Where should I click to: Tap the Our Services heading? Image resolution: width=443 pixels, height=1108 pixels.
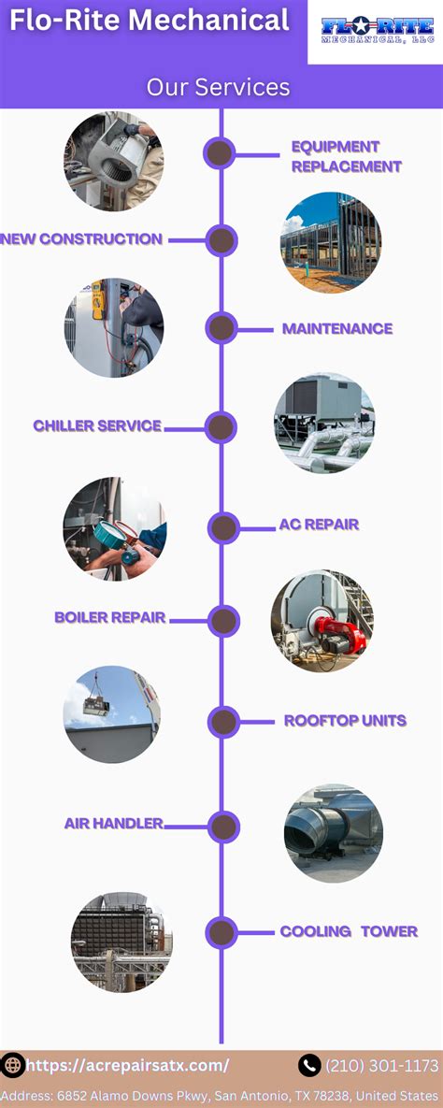pyautogui.click(x=219, y=87)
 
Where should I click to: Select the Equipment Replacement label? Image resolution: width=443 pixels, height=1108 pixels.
pyautogui.click(x=347, y=157)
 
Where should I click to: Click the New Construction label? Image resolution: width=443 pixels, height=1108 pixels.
pyautogui.click(x=81, y=238)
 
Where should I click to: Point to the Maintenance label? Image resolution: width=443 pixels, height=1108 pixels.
pyautogui.click(x=337, y=328)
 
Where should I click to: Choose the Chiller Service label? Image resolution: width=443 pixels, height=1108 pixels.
pyautogui.click(x=97, y=426)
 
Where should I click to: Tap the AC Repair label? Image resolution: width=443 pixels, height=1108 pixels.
pyautogui.click(x=320, y=525)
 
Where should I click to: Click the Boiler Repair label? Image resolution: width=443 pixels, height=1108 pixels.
pyautogui.click(x=110, y=618)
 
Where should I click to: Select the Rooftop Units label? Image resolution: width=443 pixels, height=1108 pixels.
pyautogui.click(x=346, y=721)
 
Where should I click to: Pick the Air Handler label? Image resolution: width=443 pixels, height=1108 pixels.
pyautogui.click(x=114, y=823)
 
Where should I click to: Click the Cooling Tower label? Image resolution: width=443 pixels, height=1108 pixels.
pyautogui.click(x=349, y=931)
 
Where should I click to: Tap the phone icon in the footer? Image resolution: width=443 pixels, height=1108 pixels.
pyautogui.click(x=309, y=1065)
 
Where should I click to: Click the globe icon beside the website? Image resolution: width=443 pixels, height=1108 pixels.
pyautogui.click(x=12, y=1065)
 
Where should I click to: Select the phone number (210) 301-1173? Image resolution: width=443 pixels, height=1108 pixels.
pyautogui.click(x=381, y=1065)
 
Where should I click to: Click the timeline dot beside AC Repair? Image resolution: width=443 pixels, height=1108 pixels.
pyautogui.click(x=224, y=528)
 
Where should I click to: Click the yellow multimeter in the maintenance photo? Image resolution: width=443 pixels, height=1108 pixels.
pyautogui.click(x=98, y=299)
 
